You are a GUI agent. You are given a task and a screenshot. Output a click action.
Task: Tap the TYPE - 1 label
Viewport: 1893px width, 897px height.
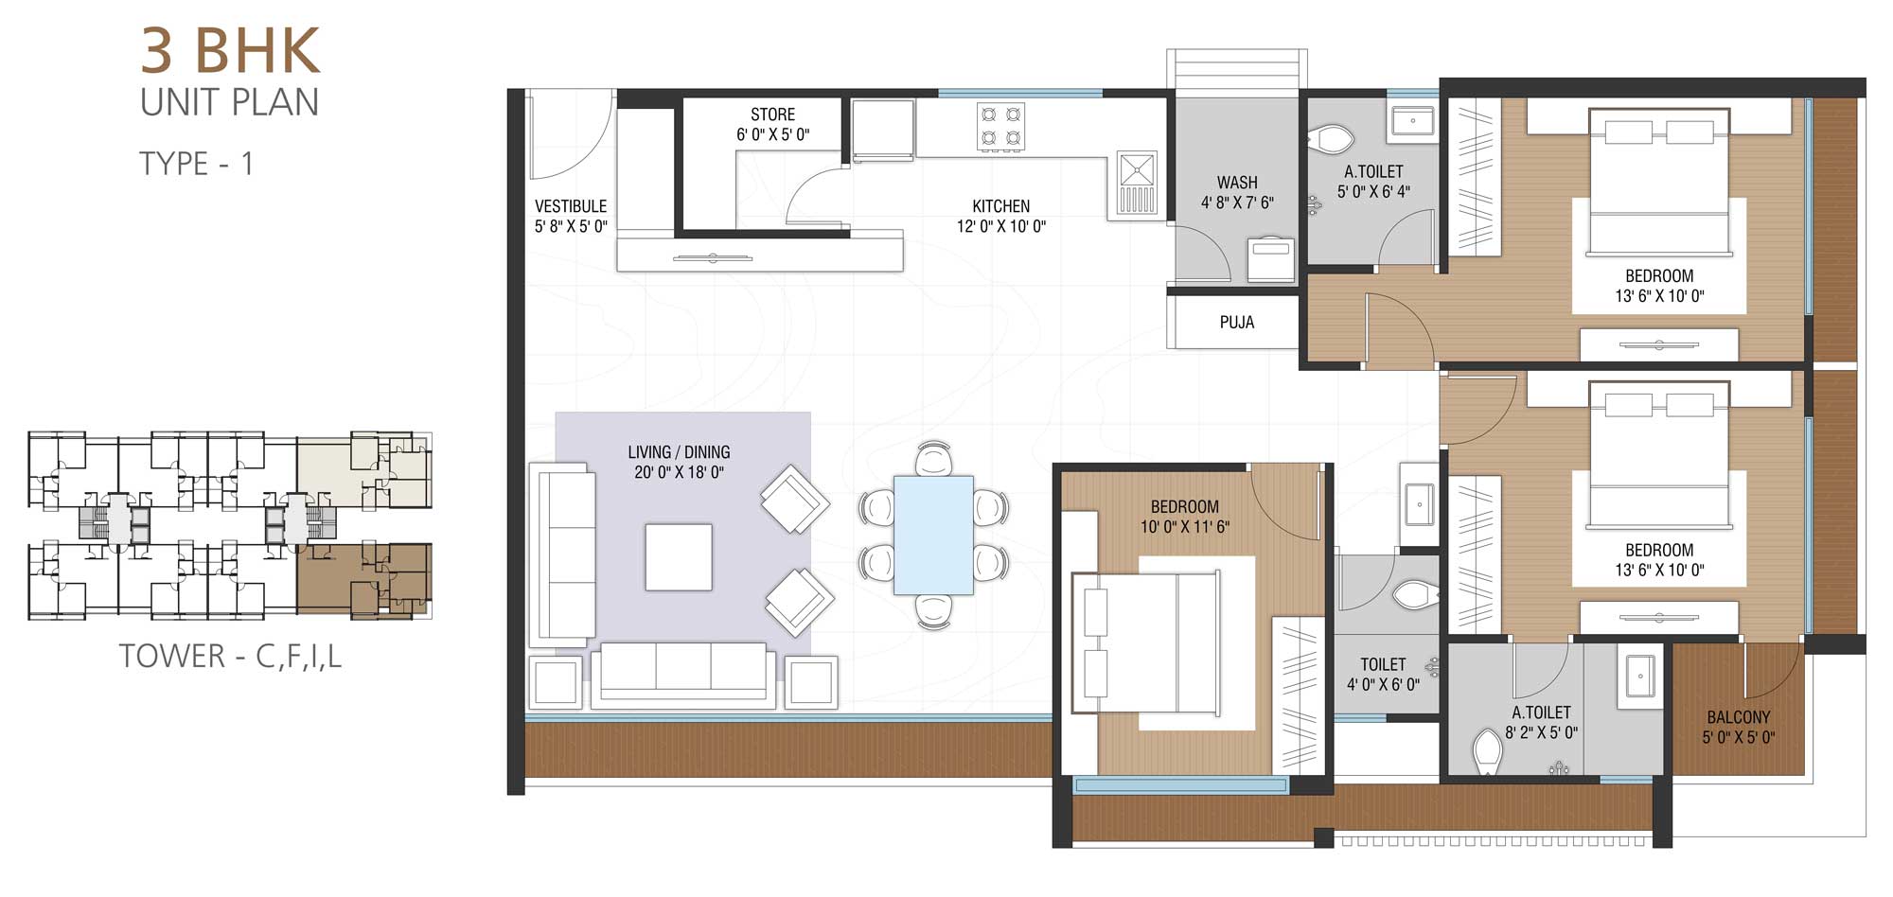(x=197, y=164)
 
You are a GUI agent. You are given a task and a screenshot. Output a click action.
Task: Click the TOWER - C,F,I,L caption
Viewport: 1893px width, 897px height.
(x=230, y=656)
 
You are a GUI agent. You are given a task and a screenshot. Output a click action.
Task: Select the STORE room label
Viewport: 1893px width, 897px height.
(x=773, y=114)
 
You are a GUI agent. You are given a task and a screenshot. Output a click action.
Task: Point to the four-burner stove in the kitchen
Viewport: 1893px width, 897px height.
(x=1001, y=127)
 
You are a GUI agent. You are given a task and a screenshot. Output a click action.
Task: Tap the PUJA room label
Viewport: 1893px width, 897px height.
(x=1237, y=323)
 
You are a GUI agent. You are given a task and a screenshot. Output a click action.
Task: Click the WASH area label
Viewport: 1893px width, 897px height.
(x=1237, y=183)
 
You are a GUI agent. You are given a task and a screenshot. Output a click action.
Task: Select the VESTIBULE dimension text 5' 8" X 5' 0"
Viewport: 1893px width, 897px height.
(x=571, y=226)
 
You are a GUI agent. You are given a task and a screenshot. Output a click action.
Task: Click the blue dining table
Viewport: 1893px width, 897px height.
(x=933, y=536)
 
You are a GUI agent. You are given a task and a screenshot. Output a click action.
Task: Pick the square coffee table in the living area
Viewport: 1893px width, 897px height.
(x=679, y=557)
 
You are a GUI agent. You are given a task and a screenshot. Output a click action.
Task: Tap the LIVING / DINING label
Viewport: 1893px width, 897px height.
(x=679, y=452)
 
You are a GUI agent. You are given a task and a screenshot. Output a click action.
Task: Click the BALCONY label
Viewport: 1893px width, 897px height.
(x=1739, y=717)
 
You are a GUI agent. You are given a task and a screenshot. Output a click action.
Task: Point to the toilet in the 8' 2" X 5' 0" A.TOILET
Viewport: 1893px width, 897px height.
(x=1488, y=751)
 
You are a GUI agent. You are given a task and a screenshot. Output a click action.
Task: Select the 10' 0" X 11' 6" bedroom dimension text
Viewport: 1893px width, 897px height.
(x=1185, y=527)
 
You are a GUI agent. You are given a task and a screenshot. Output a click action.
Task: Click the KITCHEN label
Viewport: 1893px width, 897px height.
(x=1001, y=206)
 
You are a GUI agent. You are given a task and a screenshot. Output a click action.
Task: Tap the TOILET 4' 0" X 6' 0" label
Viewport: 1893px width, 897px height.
(x=1384, y=675)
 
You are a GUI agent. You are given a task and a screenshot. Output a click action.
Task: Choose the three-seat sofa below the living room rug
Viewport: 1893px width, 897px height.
(x=683, y=675)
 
